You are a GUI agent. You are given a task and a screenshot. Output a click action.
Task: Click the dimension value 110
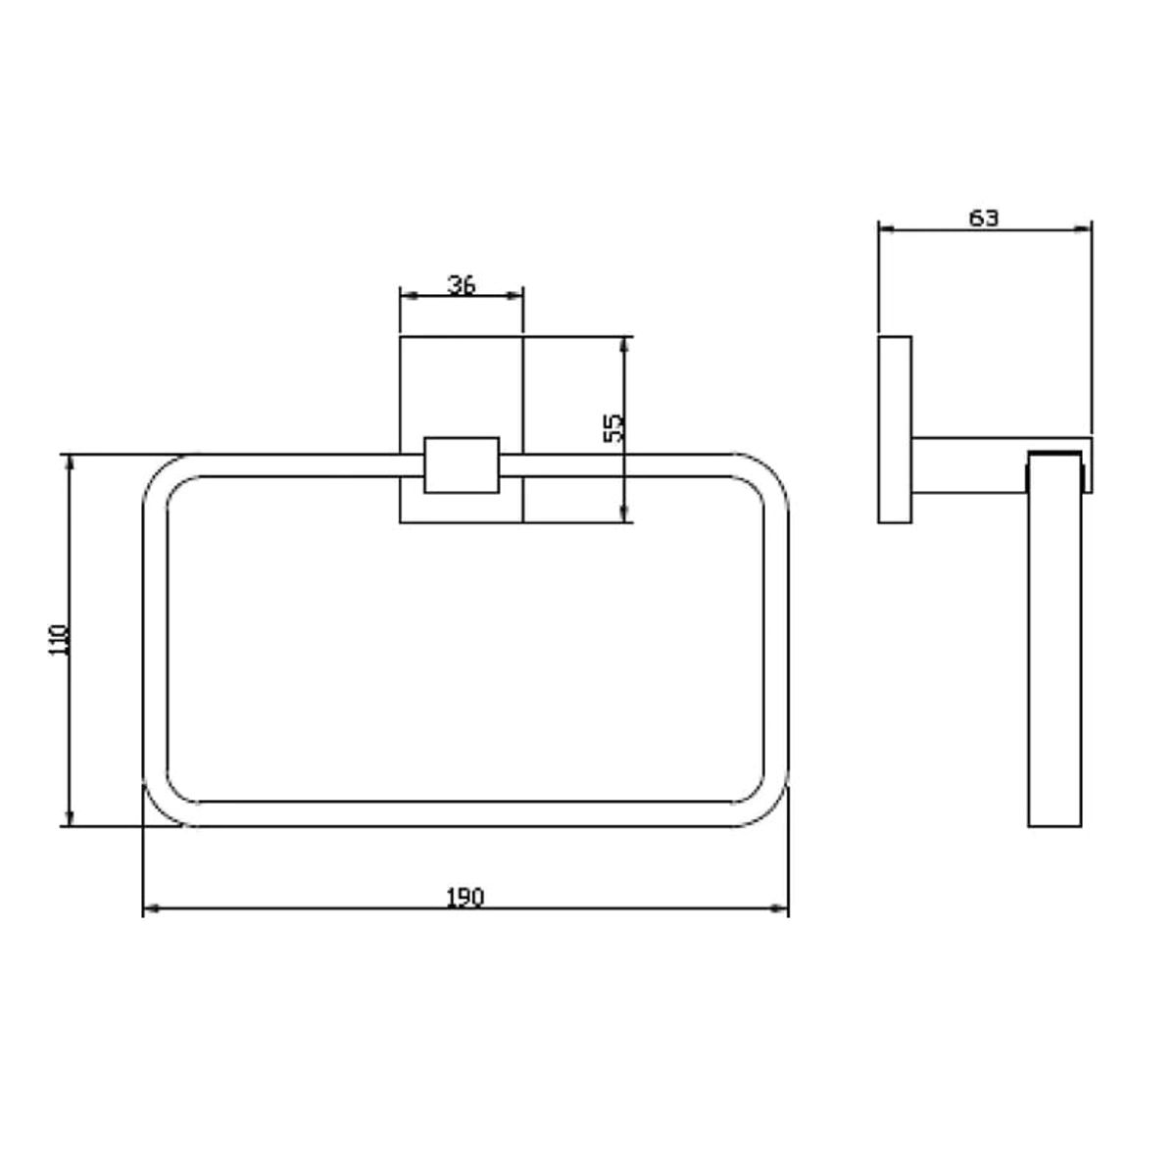pos(59,639)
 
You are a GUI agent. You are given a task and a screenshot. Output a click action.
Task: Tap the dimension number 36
pos(462,284)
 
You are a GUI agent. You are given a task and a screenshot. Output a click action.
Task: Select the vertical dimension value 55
pos(612,428)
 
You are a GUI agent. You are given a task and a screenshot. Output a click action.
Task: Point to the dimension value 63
pos(984,218)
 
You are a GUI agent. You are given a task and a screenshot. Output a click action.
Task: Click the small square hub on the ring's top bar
pos(462,465)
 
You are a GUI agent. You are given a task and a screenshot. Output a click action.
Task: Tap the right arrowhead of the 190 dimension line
pos(780,908)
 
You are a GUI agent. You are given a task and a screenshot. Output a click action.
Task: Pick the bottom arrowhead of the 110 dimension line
pos(69,817)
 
